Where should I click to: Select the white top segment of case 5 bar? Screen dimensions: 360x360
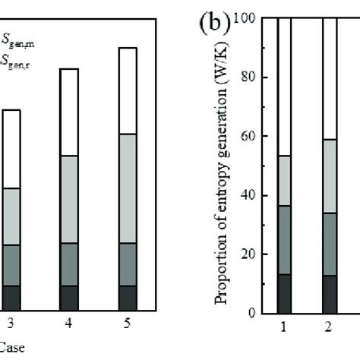[128, 91]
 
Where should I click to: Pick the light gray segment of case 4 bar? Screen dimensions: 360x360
[69, 199]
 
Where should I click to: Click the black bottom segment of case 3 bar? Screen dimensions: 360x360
[11, 298]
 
